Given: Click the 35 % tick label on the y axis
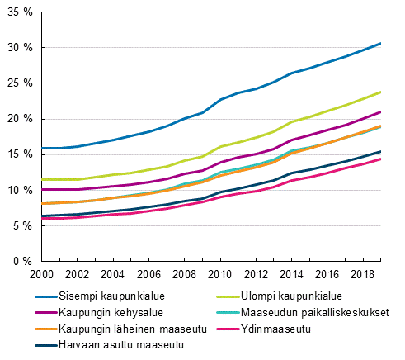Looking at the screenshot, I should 19,12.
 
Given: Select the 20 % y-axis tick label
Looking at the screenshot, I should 19,119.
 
